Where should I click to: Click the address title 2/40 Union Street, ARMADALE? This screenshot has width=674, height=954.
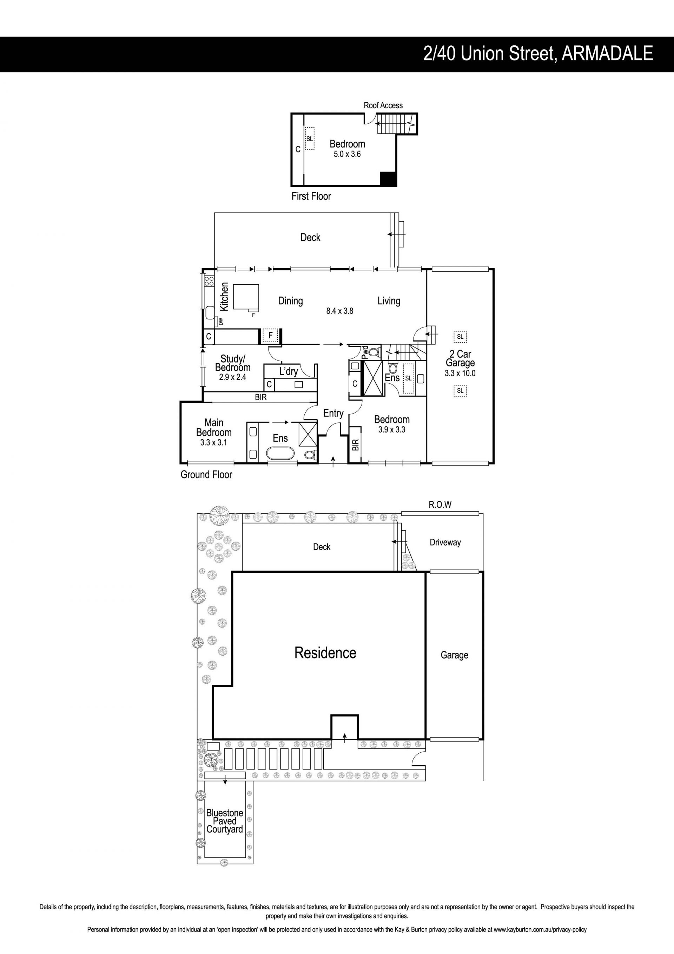point(538,54)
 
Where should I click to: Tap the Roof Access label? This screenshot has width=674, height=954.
point(383,105)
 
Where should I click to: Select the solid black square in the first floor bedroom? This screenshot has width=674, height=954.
point(389,179)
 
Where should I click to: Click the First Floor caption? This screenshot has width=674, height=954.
point(311,196)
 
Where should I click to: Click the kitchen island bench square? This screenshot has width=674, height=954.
point(246,297)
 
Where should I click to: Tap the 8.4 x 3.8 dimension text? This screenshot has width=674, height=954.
point(339,311)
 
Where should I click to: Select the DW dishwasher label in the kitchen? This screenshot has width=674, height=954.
point(220,321)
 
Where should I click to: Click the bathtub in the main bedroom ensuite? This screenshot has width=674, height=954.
point(280,453)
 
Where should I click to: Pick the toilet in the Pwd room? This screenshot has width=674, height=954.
point(374,352)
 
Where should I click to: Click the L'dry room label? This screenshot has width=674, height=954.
point(289,371)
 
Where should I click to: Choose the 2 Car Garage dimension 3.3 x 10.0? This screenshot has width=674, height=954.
point(460,373)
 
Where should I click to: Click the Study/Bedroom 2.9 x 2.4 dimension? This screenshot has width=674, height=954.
point(232,377)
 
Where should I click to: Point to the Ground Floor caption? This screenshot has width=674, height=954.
point(206,474)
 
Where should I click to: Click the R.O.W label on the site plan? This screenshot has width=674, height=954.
point(440,505)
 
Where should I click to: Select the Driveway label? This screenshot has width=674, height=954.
point(445,542)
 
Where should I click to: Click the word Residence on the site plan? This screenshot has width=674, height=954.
point(325,653)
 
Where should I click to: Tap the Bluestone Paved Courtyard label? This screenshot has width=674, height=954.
point(225,821)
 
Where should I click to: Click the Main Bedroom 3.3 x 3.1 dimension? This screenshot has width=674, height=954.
point(213,442)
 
